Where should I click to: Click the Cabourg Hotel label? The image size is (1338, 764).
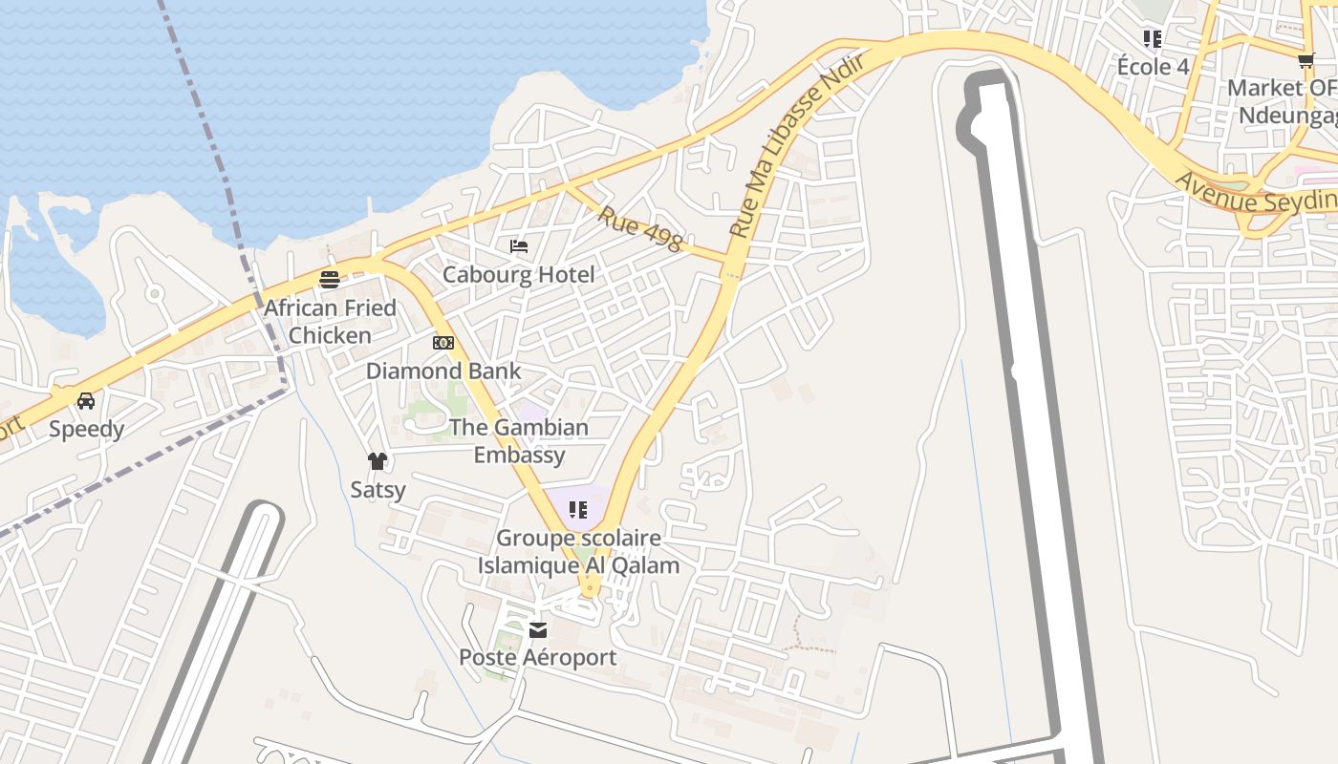tap(518, 275)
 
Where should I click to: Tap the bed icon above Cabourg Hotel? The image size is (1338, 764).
tap(519, 246)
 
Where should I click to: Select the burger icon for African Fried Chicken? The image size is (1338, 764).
tap(330, 280)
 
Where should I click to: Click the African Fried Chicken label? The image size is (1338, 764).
tap(330, 322)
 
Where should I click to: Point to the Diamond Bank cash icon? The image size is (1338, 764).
tap(443, 343)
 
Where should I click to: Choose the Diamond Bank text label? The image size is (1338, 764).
tap(443, 371)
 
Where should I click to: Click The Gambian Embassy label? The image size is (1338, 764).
tap(519, 440)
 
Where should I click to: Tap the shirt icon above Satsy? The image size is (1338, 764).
tap(378, 461)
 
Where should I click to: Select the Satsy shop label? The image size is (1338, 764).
tap(378, 490)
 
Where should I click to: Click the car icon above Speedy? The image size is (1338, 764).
tap(86, 401)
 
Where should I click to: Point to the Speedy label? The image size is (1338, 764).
tap(86, 429)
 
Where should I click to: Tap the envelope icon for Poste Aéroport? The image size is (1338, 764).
tap(538, 629)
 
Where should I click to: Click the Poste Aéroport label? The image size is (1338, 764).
tap(538, 657)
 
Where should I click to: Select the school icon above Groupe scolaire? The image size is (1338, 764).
tap(577, 510)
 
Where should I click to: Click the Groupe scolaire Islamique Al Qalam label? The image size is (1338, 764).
tap(578, 551)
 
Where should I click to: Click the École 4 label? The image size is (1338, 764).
tap(1154, 67)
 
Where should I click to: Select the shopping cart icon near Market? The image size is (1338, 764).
tap(1306, 60)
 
